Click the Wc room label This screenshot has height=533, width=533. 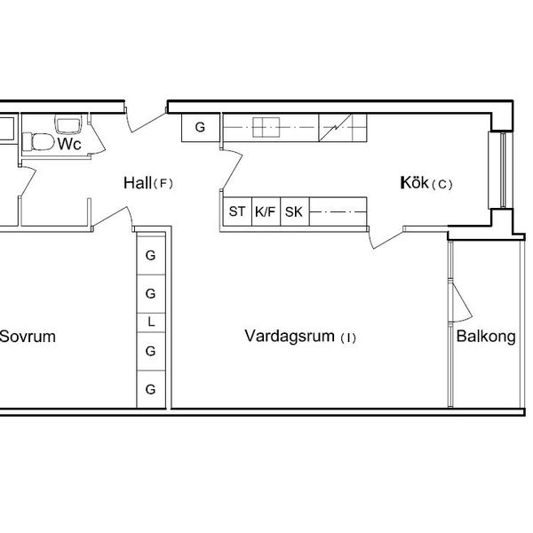tap(69, 144)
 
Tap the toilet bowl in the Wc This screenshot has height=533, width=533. tap(38, 142)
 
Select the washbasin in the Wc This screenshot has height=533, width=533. tap(68, 124)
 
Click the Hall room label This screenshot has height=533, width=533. tap(138, 183)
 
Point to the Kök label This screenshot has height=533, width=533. tap(415, 182)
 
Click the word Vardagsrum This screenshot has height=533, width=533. tap(290, 336)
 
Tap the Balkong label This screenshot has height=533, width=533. tap(486, 337)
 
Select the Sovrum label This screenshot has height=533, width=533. tap(28, 337)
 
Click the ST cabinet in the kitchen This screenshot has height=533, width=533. tap(237, 211)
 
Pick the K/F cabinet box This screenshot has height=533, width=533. tap(266, 211)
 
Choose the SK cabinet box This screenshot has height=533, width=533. tap(295, 211)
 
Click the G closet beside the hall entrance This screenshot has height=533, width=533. tap(201, 127)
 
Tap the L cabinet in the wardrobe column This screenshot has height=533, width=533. tap(151, 322)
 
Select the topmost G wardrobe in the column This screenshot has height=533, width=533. tap(151, 255)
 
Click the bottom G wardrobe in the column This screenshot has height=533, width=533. tap(151, 389)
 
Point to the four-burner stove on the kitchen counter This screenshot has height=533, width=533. tap(266, 127)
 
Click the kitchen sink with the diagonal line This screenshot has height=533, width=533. tap(343, 127)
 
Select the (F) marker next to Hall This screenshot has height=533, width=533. tap(163, 184)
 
